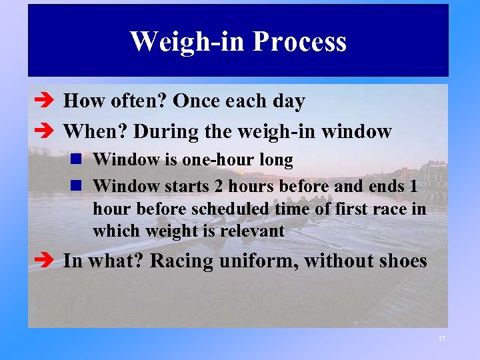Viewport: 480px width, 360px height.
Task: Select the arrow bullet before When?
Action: [x=45, y=132]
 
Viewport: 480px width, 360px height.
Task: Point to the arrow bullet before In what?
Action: [x=45, y=261]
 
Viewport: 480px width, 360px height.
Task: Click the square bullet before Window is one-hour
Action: [x=78, y=160]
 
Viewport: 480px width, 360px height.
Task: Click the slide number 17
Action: [x=441, y=339]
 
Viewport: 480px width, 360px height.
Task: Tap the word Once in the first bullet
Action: [x=197, y=101]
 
